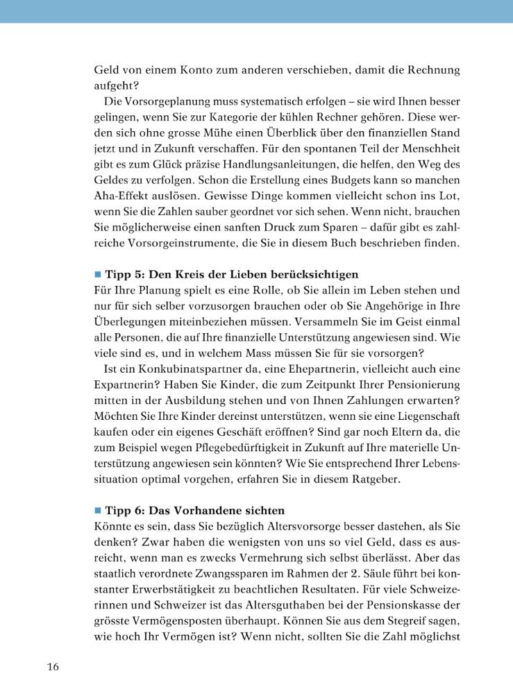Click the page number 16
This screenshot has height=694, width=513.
[x=53, y=667]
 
